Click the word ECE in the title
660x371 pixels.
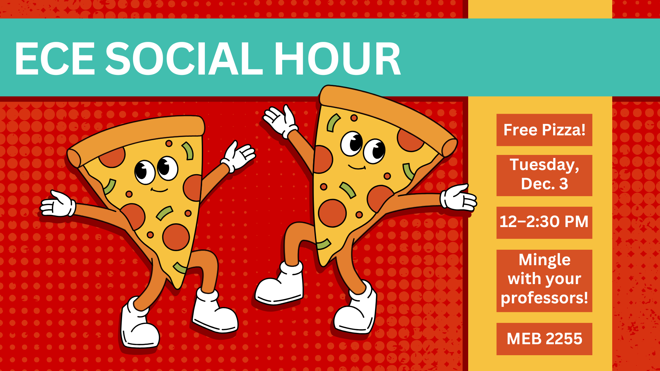pos(54,58)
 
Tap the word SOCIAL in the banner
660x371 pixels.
pos(184,58)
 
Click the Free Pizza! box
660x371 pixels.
pos(544,130)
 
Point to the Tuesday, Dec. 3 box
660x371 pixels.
pos(544,175)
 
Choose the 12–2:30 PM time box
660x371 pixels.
pos(544,222)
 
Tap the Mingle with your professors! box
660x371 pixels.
pos(544,281)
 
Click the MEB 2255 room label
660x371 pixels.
pos(544,339)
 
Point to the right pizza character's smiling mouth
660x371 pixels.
pos(357,167)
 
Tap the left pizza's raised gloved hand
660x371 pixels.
pos(239,156)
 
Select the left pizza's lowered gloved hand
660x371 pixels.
pos(58,204)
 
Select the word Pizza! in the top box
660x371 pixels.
pos(564,130)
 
